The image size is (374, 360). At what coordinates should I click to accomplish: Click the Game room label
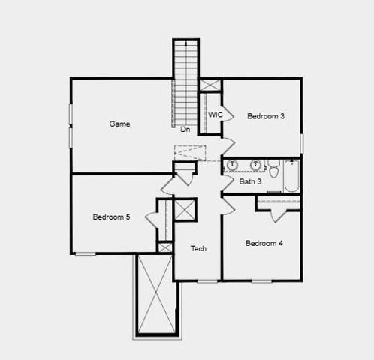click(119, 124)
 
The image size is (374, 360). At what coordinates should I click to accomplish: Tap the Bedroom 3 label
click(267, 116)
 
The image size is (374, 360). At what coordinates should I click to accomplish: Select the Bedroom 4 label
click(264, 243)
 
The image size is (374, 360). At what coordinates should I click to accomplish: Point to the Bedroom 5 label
click(111, 217)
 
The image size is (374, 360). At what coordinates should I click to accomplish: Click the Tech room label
click(198, 249)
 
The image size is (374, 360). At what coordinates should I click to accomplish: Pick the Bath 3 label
click(250, 181)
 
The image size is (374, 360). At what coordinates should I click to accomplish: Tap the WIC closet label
click(216, 115)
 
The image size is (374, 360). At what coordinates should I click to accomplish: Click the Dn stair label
click(185, 130)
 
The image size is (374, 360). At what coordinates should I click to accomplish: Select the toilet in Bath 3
click(274, 169)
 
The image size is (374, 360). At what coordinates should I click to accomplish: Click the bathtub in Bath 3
click(291, 176)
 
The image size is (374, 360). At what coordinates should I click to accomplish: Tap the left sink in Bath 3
click(234, 165)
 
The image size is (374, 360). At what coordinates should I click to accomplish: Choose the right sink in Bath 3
click(255, 165)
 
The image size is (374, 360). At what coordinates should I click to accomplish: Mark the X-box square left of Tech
click(185, 209)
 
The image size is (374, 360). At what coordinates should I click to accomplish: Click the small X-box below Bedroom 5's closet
click(165, 247)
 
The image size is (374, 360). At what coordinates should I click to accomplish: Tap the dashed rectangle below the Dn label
click(189, 152)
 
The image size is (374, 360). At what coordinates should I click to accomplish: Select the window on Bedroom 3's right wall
click(302, 142)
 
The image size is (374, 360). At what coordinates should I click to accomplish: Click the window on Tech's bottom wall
click(208, 280)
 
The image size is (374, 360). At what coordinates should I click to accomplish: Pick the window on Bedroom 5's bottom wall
click(86, 253)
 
